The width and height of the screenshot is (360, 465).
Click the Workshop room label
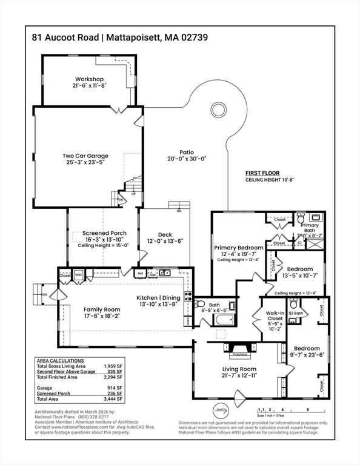[x=89, y=79]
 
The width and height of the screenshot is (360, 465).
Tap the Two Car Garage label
[x=85, y=156]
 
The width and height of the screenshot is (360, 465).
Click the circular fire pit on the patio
[x=218, y=110]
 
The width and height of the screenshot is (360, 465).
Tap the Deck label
[x=165, y=234]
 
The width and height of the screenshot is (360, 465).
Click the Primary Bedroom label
[x=238, y=248]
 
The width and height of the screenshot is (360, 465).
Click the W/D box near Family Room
[x=79, y=274]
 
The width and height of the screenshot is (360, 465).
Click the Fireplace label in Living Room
[x=241, y=354]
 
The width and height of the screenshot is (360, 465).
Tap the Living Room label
[x=239, y=369]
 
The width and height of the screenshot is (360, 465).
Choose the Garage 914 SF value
[x=115, y=387]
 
